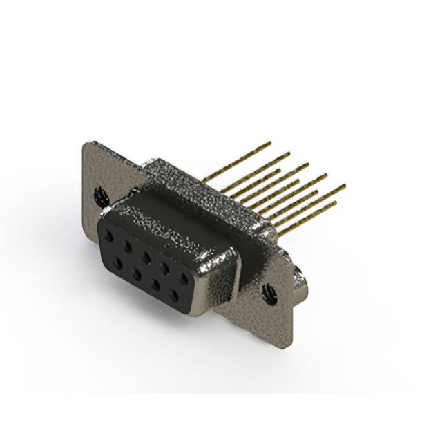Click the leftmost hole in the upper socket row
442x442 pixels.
pyautogui.click(x=109, y=235)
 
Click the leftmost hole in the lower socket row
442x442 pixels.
pyautogui.click(x=118, y=261)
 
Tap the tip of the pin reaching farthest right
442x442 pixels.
pyautogui.click(x=343, y=185)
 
